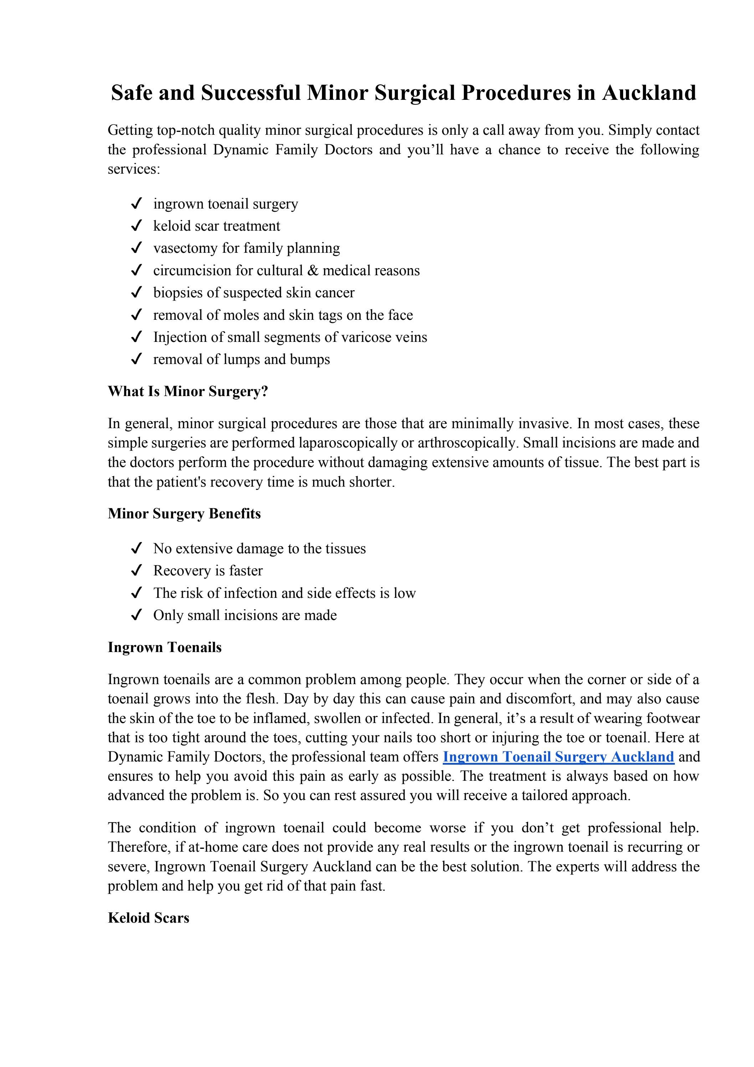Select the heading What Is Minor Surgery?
tap(188, 391)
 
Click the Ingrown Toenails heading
tap(165, 647)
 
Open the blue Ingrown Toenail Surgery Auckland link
tap(558, 757)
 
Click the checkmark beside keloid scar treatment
tap(136, 226)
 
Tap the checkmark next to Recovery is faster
tap(136, 571)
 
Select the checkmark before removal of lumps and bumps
tap(136, 359)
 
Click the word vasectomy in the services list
tap(185, 248)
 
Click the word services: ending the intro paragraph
tap(133, 169)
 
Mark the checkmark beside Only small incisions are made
tap(136, 615)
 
